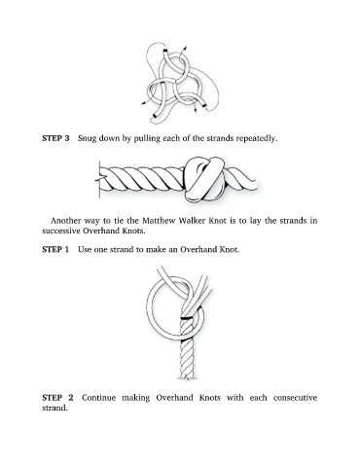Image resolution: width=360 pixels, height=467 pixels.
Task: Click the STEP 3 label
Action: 55,138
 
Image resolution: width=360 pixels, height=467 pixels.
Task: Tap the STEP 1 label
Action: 55,249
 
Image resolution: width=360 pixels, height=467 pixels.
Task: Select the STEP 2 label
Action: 57,398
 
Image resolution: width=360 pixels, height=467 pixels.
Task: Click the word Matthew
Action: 157,221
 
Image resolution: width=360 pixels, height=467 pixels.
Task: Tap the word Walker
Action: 190,221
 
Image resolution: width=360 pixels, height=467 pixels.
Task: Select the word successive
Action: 60,231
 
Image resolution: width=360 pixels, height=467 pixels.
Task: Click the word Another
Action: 66,221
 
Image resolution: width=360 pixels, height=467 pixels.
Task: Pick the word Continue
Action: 98,398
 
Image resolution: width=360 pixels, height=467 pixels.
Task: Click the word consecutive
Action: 295,398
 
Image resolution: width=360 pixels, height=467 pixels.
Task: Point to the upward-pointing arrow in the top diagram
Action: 184,51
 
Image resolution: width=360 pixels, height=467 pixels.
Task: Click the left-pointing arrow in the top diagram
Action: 146,102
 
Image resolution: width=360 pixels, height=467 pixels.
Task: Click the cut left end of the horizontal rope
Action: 99,179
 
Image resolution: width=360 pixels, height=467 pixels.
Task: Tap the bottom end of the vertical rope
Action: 187,377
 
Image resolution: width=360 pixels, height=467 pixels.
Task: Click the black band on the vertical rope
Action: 187,318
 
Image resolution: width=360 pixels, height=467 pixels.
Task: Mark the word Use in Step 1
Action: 85,249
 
